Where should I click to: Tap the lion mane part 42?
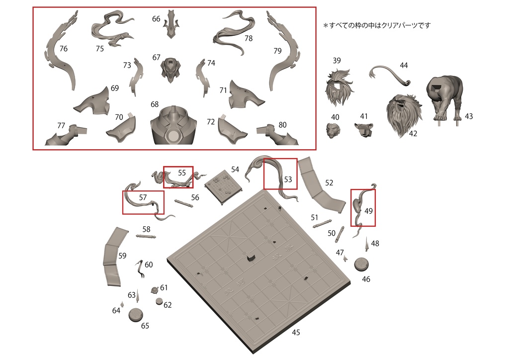404,114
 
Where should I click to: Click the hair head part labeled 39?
339,88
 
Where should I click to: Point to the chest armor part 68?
173,127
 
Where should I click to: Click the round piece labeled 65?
136,314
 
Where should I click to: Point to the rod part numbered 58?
146,238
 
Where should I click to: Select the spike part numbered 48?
367,244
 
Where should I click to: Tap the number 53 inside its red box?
288,180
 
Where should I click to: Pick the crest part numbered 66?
172,25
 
